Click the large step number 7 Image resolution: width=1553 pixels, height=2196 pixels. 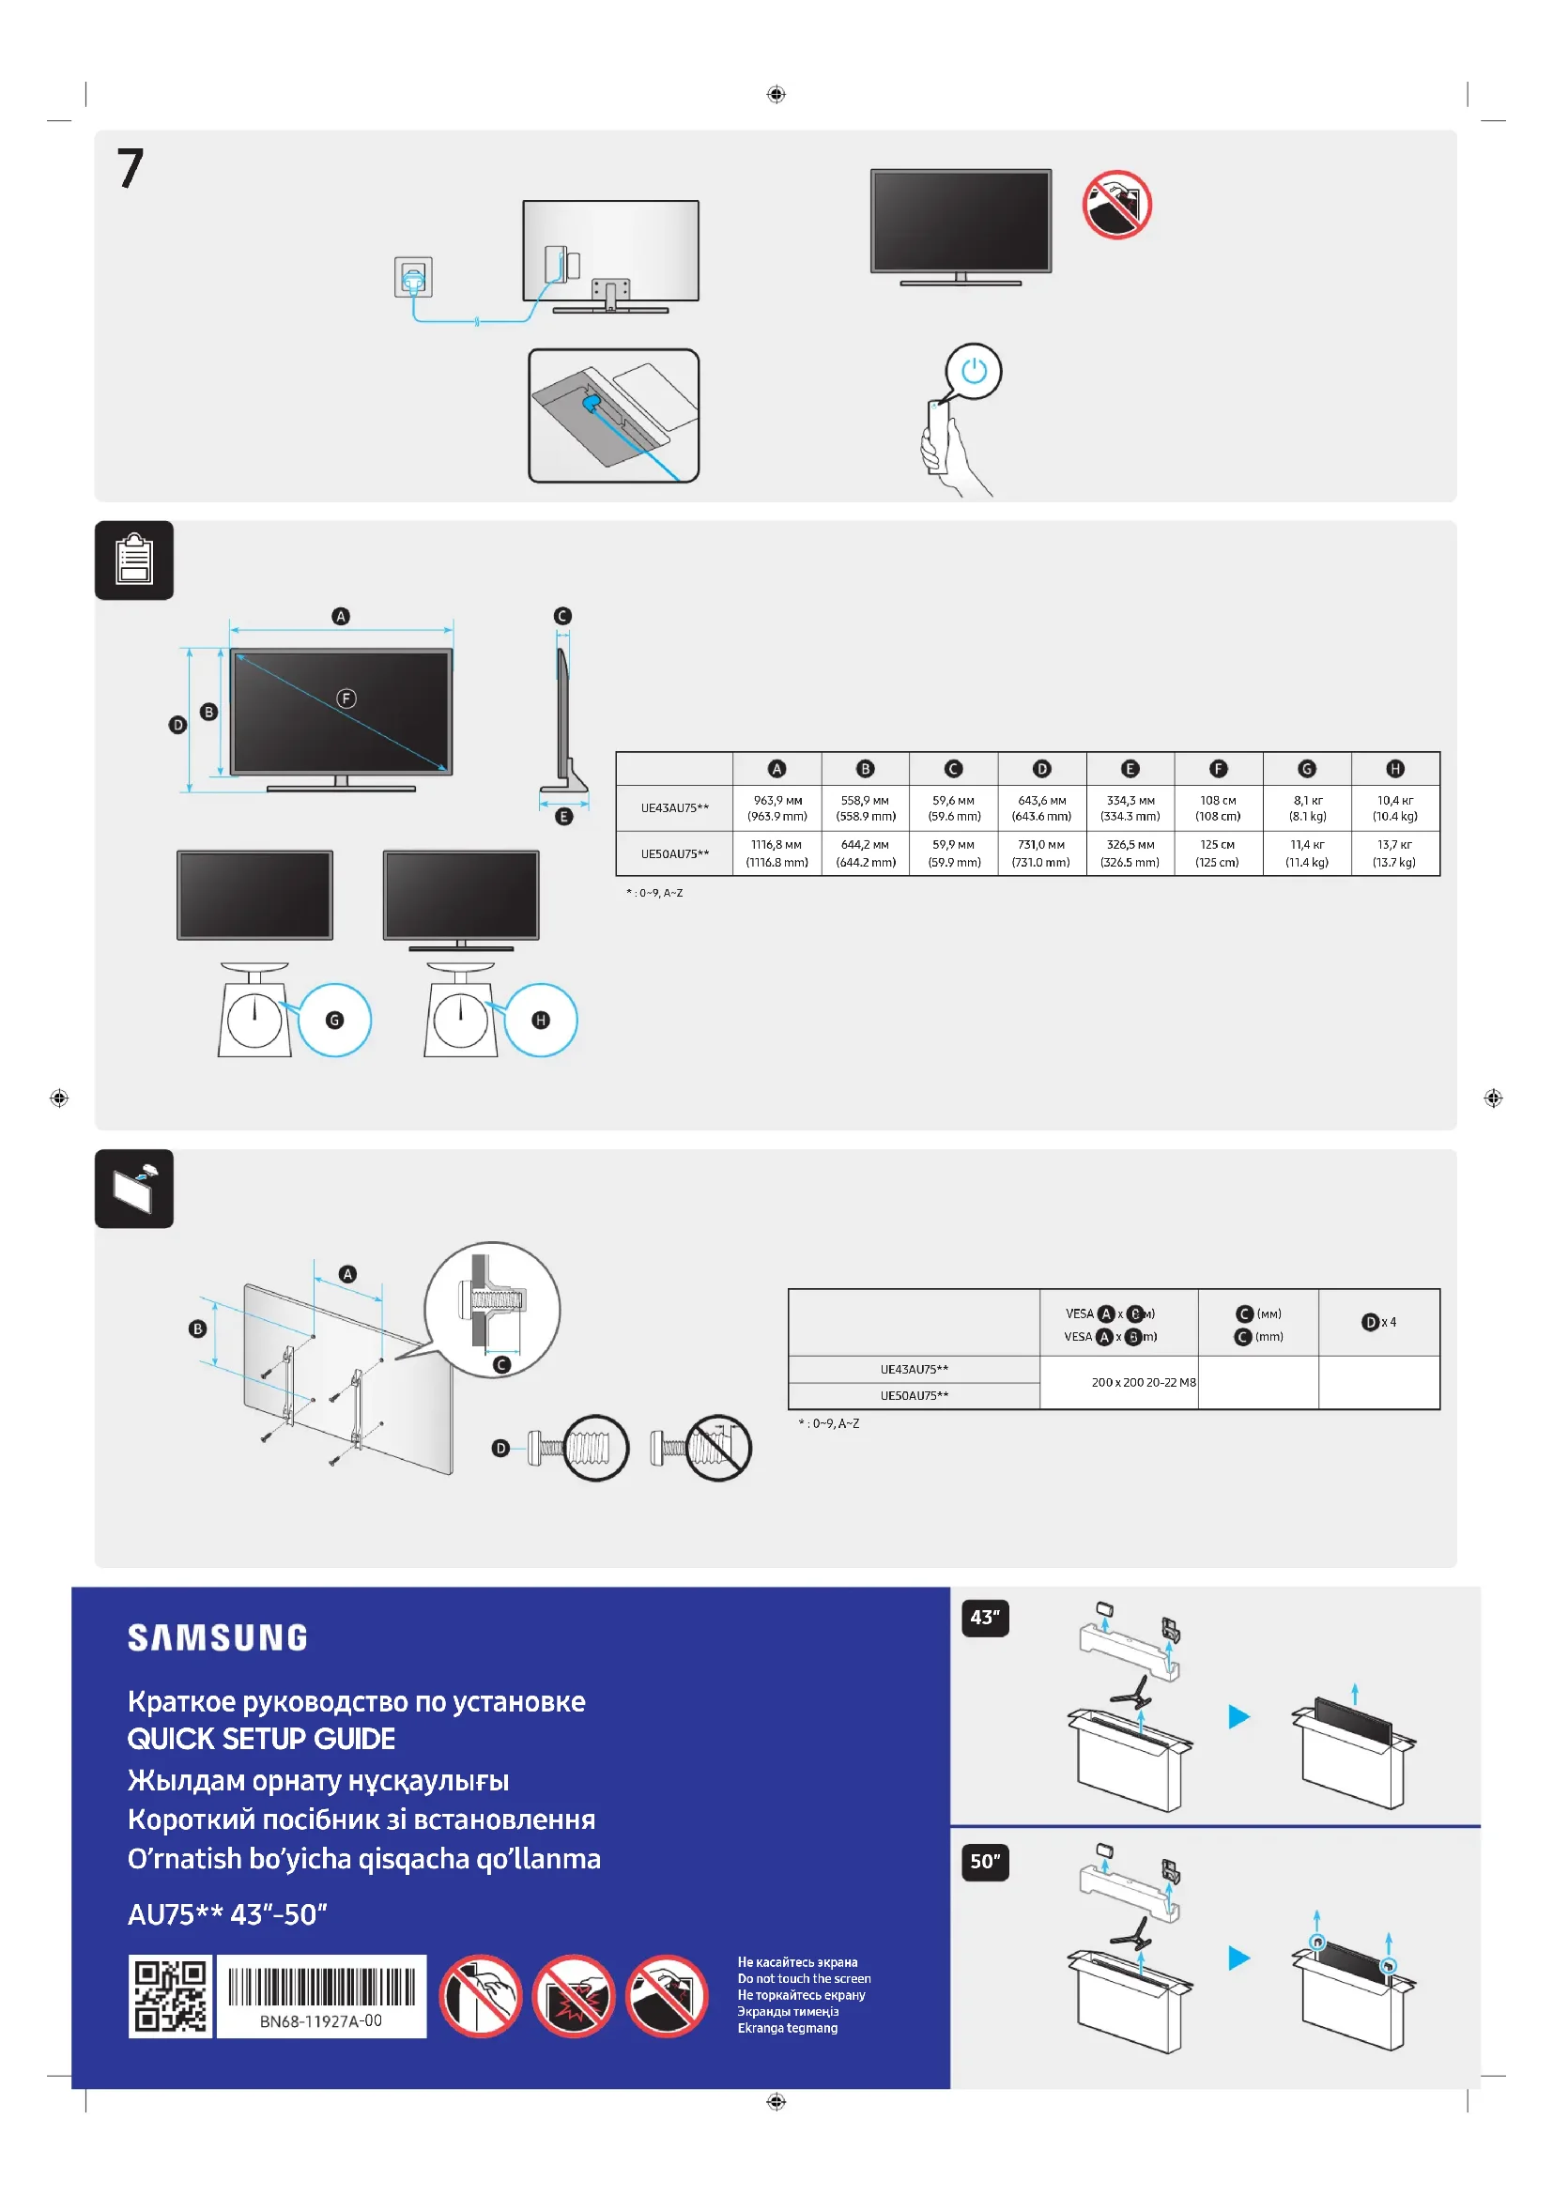pos(131,168)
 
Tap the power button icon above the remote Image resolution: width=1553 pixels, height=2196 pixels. pos(974,371)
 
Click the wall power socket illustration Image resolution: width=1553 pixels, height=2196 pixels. pos(413,277)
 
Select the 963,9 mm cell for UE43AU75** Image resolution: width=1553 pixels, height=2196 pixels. pos(776,808)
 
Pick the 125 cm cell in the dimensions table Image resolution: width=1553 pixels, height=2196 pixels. pos(1218,853)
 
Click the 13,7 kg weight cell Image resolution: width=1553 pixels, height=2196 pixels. pos(1394,853)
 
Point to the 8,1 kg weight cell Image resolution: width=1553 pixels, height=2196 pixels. pos(1307,808)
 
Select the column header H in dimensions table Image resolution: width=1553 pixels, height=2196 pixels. pos(1395,769)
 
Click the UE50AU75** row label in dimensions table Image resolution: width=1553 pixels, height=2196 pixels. pos(675,853)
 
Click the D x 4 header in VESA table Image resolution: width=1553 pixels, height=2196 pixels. pos(1378,1322)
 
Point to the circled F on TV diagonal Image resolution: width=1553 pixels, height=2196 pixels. pos(346,699)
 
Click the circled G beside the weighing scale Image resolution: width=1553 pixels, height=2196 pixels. pos(334,1021)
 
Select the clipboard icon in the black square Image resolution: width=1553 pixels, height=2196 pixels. pos(134,561)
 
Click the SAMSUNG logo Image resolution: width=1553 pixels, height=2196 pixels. pos(218,1637)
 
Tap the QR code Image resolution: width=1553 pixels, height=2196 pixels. pos(170,1996)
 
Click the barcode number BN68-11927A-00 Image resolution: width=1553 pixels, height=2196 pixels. pos(321,2021)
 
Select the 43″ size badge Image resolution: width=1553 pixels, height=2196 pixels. pos(985,1618)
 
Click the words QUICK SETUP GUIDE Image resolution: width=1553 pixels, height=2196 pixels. pos(261,1739)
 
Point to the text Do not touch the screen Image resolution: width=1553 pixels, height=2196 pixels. pos(804,1979)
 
